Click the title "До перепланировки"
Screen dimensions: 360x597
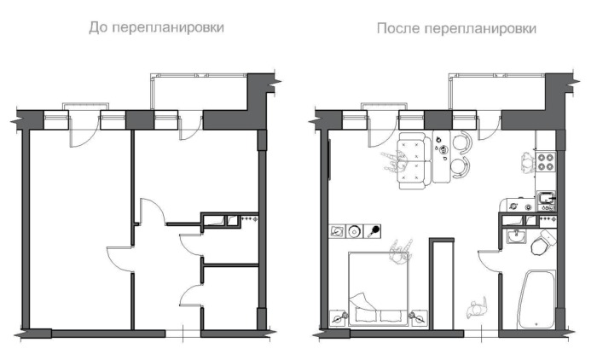pyautogui.click(x=157, y=27)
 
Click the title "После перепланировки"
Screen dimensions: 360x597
pyautogui.click(x=456, y=28)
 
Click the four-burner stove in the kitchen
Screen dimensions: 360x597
pyautogui.click(x=546, y=161)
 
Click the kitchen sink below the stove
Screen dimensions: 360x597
pyautogui.click(x=545, y=201)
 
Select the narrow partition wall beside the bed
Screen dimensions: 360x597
pyautogui.click(x=439, y=286)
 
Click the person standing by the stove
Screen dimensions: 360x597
pyautogui.click(x=523, y=159)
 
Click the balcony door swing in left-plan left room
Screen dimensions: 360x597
pyautogui.click(x=79, y=131)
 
